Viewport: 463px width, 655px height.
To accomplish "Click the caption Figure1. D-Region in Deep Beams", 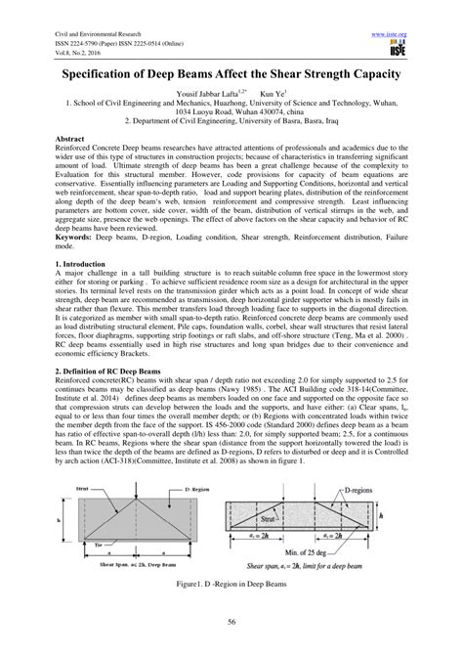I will pyautogui.click(x=231, y=587).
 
